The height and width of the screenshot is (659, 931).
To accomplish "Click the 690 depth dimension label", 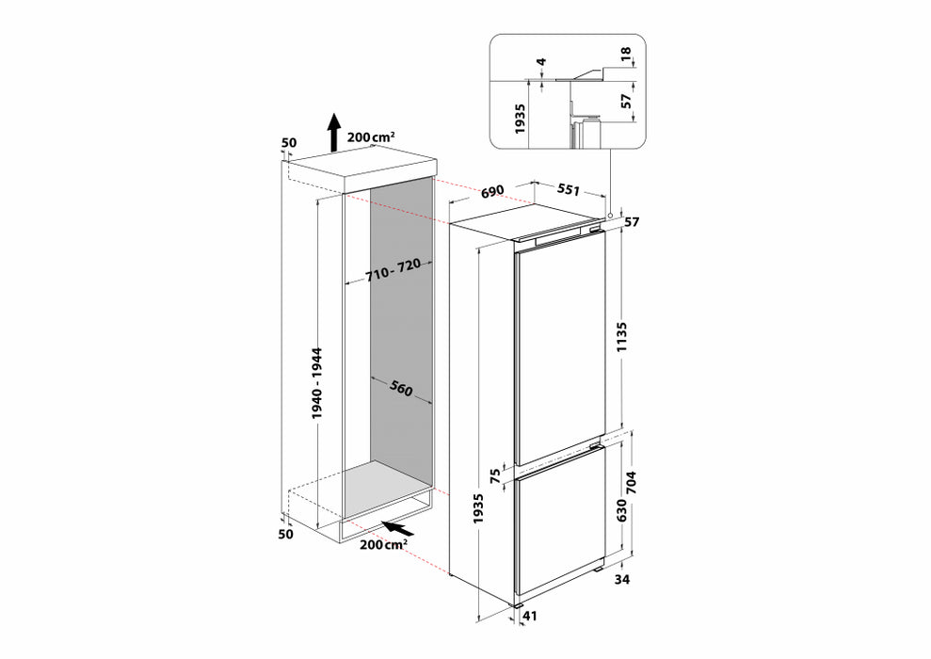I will (492, 192).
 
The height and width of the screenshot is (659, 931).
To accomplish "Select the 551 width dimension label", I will (569, 190).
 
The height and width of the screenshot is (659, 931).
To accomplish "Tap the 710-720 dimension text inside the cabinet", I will (392, 271).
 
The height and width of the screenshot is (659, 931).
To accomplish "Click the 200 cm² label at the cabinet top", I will (371, 137).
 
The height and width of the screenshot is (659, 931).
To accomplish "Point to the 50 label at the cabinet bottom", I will (286, 534).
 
